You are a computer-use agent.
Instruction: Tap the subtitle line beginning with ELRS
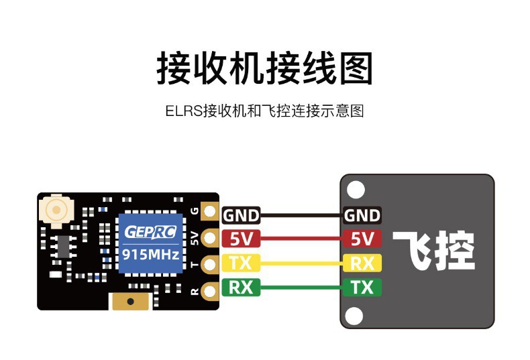tap(264, 111)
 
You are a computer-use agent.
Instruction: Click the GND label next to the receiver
tap(241, 215)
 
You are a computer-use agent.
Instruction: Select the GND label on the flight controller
tap(362, 215)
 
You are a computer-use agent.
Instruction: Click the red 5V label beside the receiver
tap(241, 239)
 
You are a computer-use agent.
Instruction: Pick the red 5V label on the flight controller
tap(362, 239)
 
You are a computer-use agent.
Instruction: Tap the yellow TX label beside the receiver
tap(241, 263)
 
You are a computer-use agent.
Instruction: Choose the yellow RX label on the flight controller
tap(362, 263)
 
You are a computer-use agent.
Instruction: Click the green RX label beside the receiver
tap(241, 288)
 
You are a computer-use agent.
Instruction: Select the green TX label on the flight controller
tap(362, 288)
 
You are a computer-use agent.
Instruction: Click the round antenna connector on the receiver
tap(56, 211)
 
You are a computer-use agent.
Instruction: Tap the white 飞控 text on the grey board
tap(433, 251)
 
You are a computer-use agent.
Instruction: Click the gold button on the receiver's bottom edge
tap(129, 302)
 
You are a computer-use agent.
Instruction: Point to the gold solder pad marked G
tap(211, 214)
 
